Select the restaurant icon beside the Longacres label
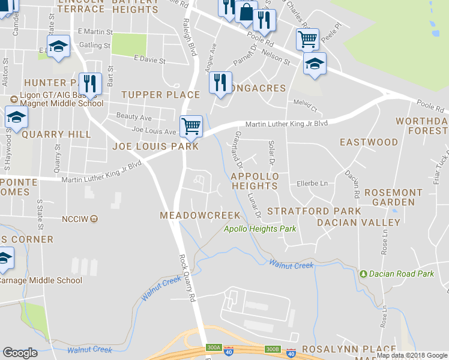pos(220,82)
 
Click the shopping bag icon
pos(246,12)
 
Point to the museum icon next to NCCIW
pos(94,219)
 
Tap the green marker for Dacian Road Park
pos(363,274)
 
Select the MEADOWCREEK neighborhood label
pos(200,215)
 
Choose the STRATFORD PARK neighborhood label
pos(314,211)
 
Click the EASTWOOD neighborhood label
pos(369,142)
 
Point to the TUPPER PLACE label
pos(160,95)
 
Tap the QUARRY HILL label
pos(56,134)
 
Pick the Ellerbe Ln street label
pos(310,184)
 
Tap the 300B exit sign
pos(273,349)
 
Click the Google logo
pos(20,352)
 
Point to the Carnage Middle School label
pos(41,280)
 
